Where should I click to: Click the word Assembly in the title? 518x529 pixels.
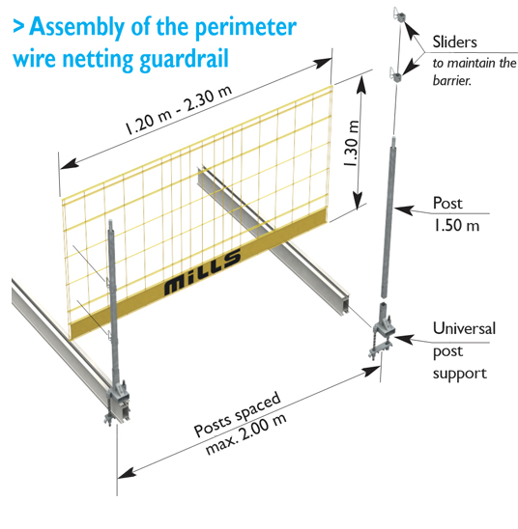pyautogui.click(x=77, y=28)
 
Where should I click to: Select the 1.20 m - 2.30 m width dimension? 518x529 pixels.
pyautogui.click(x=179, y=110)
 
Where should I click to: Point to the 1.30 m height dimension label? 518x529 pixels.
pyautogui.click(x=351, y=143)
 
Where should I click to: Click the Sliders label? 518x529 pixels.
pyautogui.click(x=455, y=42)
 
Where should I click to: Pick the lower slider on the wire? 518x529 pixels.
pyautogui.click(x=395, y=75)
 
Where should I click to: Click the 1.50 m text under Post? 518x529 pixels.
pyautogui.click(x=456, y=225)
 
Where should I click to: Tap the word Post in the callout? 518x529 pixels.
pyautogui.click(x=447, y=203)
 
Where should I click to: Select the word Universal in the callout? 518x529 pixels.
pyautogui.click(x=464, y=328)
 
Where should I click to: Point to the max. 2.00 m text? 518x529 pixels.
pyautogui.click(x=246, y=433)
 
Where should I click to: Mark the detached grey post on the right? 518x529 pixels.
pyautogui.click(x=388, y=217)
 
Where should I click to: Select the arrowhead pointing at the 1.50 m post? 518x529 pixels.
pyautogui.click(x=404, y=209)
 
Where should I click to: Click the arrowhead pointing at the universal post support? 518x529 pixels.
pyautogui.click(x=404, y=339)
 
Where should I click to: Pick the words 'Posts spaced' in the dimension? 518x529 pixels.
pyautogui.click(x=237, y=413)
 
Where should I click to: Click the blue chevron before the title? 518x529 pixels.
pyautogui.click(x=18, y=27)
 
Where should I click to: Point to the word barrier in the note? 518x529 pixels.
pyautogui.click(x=452, y=80)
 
